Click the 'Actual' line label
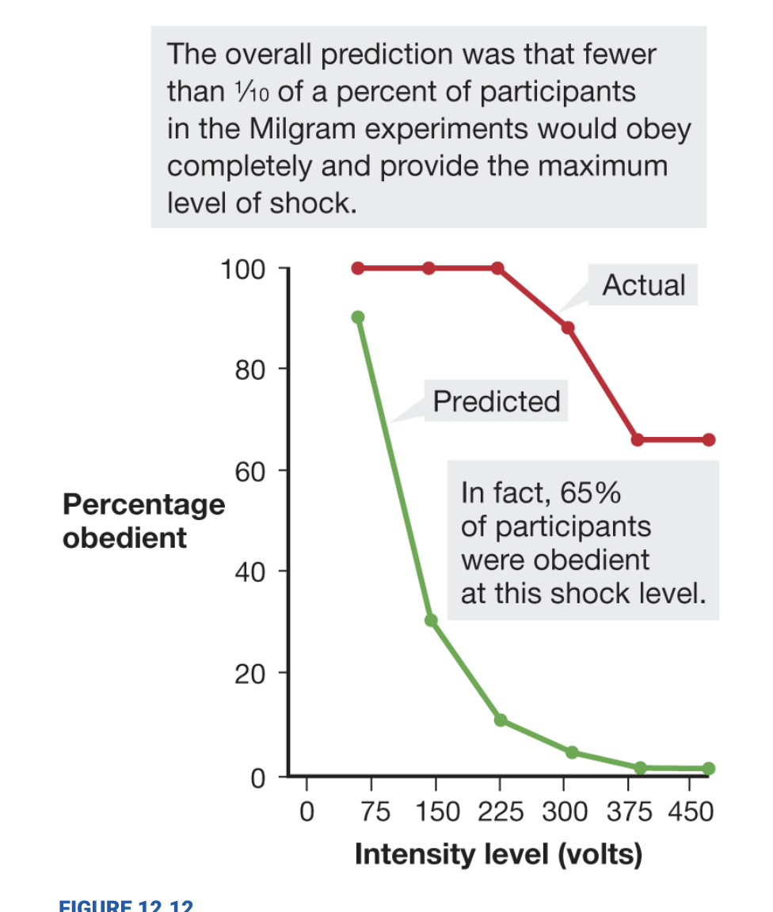(x=643, y=285)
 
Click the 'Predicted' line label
(x=497, y=402)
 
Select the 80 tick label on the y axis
(x=249, y=370)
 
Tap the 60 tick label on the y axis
(x=249, y=472)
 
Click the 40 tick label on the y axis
(x=249, y=572)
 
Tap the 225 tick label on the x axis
(x=498, y=812)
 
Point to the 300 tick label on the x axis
(x=563, y=812)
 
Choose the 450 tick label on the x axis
(x=691, y=812)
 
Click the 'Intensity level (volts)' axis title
(x=498, y=855)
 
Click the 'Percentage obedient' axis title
(x=143, y=521)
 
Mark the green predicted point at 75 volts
(x=358, y=317)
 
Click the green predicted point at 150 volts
(x=431, y=620)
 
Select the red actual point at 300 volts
(x=568, y=328)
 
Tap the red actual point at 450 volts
(x=708, y=439)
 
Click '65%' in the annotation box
(x=590, y=492)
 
